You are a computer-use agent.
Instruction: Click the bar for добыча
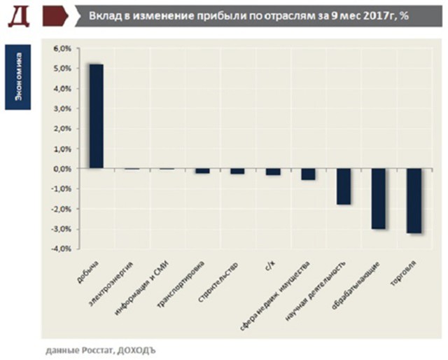point(96,116)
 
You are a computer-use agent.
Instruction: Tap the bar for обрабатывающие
point(378,199)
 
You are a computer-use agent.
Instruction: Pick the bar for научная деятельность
point(343,186)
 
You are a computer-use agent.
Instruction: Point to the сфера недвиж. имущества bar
point(308,174)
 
